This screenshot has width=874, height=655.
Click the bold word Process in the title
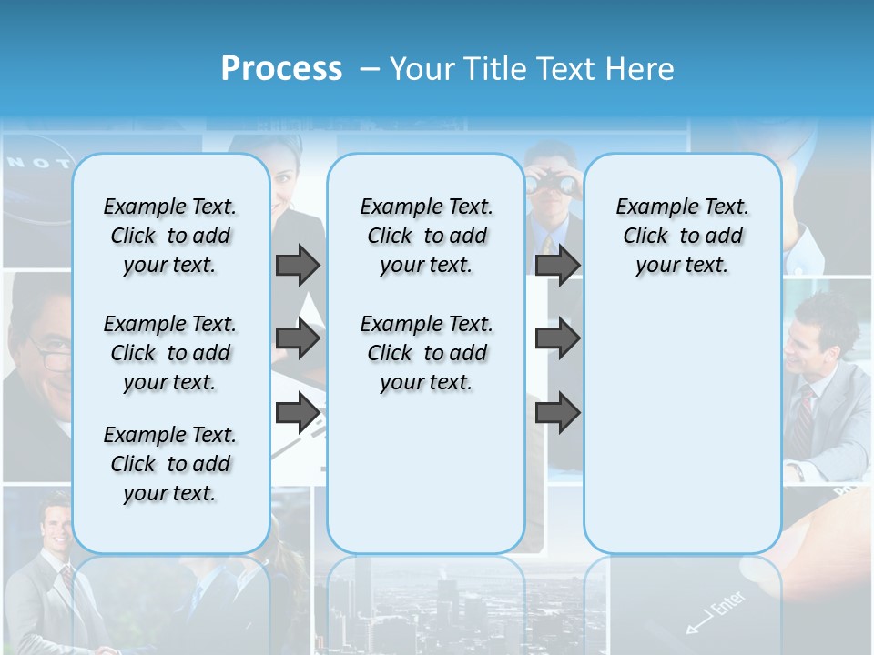(281, 68)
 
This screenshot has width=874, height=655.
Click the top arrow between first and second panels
(298, 265)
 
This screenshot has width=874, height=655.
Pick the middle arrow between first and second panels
(298, 339)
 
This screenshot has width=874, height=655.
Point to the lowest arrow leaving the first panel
(298, 413)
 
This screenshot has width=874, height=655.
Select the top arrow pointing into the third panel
(557, 265)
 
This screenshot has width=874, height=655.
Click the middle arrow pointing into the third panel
(557, 339)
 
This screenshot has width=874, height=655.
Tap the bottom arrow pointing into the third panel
(557, 413)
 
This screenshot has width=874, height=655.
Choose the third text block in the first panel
(169, 464)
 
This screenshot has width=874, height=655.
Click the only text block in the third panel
(682, 236)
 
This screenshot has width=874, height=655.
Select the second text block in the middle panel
(426, 353)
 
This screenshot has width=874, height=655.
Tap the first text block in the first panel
(169, 236)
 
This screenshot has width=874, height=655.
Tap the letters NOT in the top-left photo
(38, 164)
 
